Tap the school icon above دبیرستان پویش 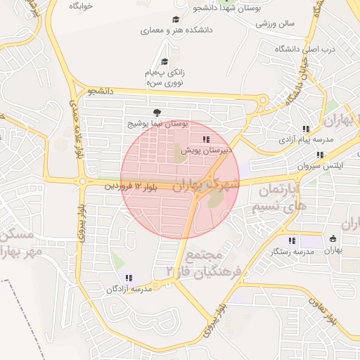(x=206, y=139)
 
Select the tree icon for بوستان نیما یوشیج (x=156, y=112)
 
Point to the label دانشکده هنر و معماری (x=176, y=31)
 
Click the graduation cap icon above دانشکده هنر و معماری (x=175, y=19)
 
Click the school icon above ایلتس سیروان (x=321, y=155)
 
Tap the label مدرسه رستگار (x=294, y=251)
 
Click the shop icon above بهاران (x=333, y=239)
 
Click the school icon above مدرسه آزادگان (x=128, y=278)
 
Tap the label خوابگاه (x=82, y=6)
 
